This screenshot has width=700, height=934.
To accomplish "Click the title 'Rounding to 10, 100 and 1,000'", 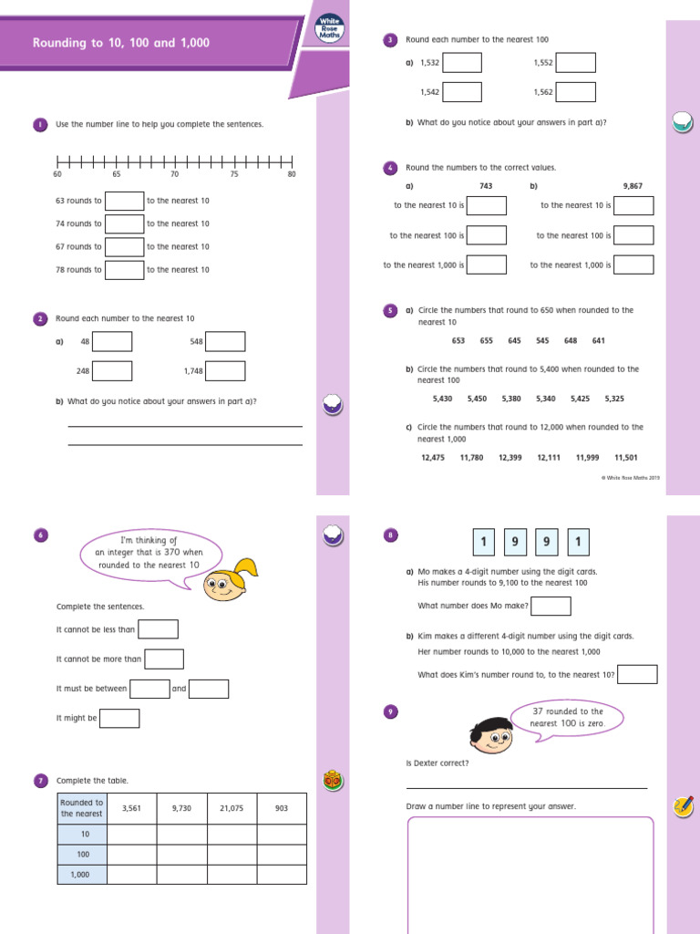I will (120, 43).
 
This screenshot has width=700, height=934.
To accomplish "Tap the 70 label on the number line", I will (175, 174).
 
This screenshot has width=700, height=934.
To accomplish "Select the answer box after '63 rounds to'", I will (125, 201).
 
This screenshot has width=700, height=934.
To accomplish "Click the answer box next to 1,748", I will (225, 371).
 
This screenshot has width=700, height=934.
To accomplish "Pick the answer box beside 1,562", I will (576, 92).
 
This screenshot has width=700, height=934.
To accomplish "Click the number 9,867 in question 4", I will (633, 186).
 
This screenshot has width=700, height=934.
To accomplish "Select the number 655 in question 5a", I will (487, 341).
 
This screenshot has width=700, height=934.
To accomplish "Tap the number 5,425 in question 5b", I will (581, 399).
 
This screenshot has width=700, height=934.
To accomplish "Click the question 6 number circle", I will (40, 535).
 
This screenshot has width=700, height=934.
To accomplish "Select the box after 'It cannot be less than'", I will (158, 629).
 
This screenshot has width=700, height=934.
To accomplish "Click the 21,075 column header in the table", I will (232, 808).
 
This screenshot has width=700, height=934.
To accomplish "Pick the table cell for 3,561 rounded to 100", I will (132, 855).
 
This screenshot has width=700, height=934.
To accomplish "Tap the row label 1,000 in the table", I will (82, 874).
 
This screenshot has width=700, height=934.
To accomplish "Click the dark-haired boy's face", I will (491, 730).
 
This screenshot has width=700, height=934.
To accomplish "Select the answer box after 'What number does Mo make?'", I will (551, 606).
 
